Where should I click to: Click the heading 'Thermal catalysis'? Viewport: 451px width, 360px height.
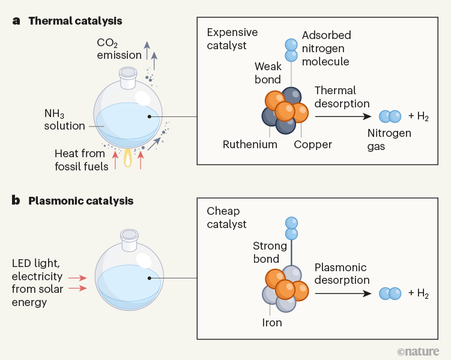(75, 21)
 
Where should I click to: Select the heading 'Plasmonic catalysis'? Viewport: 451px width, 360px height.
(80, 200)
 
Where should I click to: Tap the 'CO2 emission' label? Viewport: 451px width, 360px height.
(120, 49)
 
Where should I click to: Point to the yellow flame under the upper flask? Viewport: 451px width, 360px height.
(129, 157)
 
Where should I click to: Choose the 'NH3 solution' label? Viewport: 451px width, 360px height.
(65, 119)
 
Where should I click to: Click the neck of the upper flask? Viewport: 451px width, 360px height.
(129, 74)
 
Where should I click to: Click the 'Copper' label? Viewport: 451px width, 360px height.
(313, 145)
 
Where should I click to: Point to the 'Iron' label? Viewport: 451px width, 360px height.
(272, 322)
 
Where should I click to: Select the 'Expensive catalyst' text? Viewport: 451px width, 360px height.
(232, 38)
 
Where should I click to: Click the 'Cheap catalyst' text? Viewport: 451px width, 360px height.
(227, 217)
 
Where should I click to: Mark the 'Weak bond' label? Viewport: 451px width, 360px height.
(267, 73)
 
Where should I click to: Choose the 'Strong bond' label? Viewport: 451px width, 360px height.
(266, 252)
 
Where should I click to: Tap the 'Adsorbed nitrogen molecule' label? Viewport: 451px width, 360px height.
(326, 48)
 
